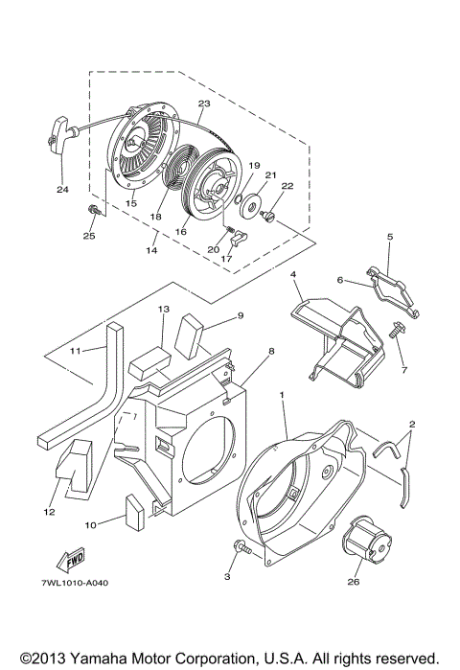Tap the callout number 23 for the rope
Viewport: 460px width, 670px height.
click(203, 104)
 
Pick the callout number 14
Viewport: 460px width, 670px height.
click(151, 251)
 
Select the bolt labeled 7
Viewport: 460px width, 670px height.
click(397, 331)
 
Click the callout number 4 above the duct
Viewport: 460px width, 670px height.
click(294, 274)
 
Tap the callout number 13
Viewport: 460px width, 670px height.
click(163, 310)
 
